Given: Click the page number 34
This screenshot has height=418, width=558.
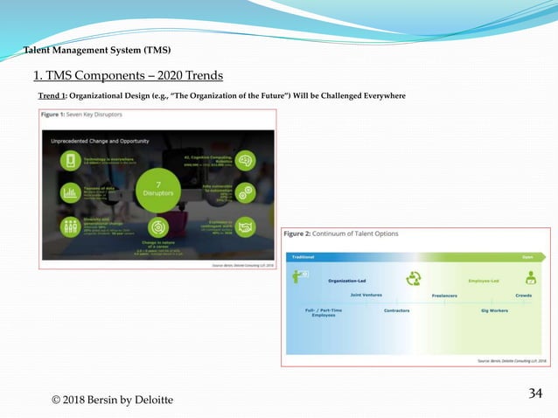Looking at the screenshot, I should click(x=536, y=393).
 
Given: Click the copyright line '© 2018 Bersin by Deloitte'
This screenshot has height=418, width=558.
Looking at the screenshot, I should click(x=112, y=400).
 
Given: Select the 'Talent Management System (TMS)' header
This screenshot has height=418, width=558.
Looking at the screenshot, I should click(x=96, y=48).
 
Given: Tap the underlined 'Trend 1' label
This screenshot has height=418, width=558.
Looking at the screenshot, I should click(x=53, y=94).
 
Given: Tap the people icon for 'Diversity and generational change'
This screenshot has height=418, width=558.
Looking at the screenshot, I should click(x=69, y=226).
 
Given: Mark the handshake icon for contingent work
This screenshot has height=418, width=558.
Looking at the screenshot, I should click(x=246, y=226).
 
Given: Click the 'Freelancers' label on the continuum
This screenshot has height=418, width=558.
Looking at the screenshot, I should click(x=444, y=296).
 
